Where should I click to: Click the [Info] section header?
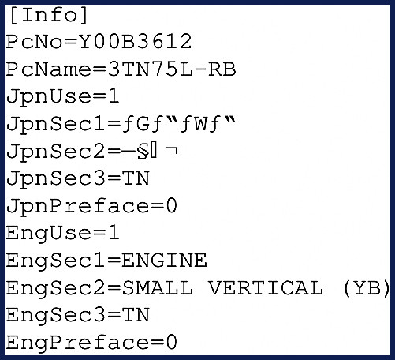[x=49, y=15]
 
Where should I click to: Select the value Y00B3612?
[x=136, y=42]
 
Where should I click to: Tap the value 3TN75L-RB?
[x=172, y=69]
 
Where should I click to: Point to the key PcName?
[x=48, y=69]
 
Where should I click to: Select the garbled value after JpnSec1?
[x=178, y=123]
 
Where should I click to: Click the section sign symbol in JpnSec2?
[x=143, y=152]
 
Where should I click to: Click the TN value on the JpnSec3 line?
[x=136, y=178]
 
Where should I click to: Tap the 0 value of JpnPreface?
[x=171, y=206]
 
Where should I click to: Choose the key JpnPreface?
[x=77, y=207]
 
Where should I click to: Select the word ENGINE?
[x=164, y=260]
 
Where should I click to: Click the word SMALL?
[x=158, y=287]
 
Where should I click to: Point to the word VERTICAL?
[x=266, y=287]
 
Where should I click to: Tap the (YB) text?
[x=367, y=287]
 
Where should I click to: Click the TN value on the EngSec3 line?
[x=136, y=315]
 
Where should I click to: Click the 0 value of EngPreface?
[x=171, y=342]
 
